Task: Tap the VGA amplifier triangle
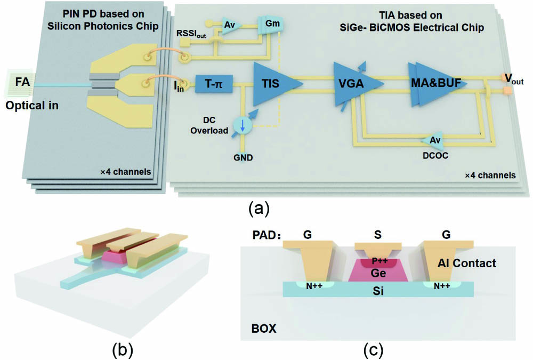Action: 353,84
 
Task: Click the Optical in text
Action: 32,106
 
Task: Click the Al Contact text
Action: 466,263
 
